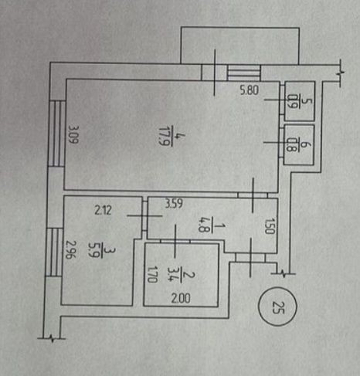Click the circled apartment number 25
277,307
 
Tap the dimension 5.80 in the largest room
249,90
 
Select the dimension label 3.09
74,134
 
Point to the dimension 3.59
174,204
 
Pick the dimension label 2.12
103,210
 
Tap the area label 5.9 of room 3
93,251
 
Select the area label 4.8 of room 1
203,225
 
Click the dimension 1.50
269,226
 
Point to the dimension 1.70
152,274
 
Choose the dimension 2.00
181,298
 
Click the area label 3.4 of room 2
172,274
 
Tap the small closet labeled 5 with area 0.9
300,101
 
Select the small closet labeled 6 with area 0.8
299,145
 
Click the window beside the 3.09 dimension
57,134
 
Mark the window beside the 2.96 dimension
54,252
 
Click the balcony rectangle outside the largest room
240,46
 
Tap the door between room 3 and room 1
144,216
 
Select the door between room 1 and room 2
175,241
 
